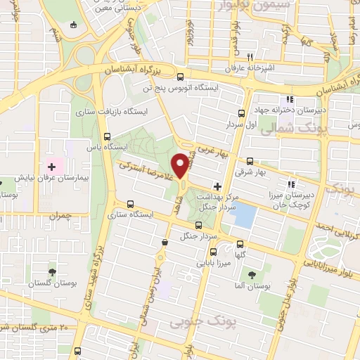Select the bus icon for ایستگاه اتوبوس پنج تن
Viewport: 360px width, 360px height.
coord(181,77)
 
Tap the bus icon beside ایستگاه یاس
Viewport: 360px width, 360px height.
coord(107,136)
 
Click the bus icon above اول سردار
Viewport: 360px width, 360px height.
coord(242,112)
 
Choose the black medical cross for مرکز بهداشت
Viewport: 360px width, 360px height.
coord(217,187)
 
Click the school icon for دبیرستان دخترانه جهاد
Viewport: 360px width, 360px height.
coord(289,99)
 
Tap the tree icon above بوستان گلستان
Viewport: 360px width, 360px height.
coord(53,271)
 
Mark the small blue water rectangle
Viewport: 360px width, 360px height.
coord(244,214)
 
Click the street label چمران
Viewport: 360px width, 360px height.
coord(60,217)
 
